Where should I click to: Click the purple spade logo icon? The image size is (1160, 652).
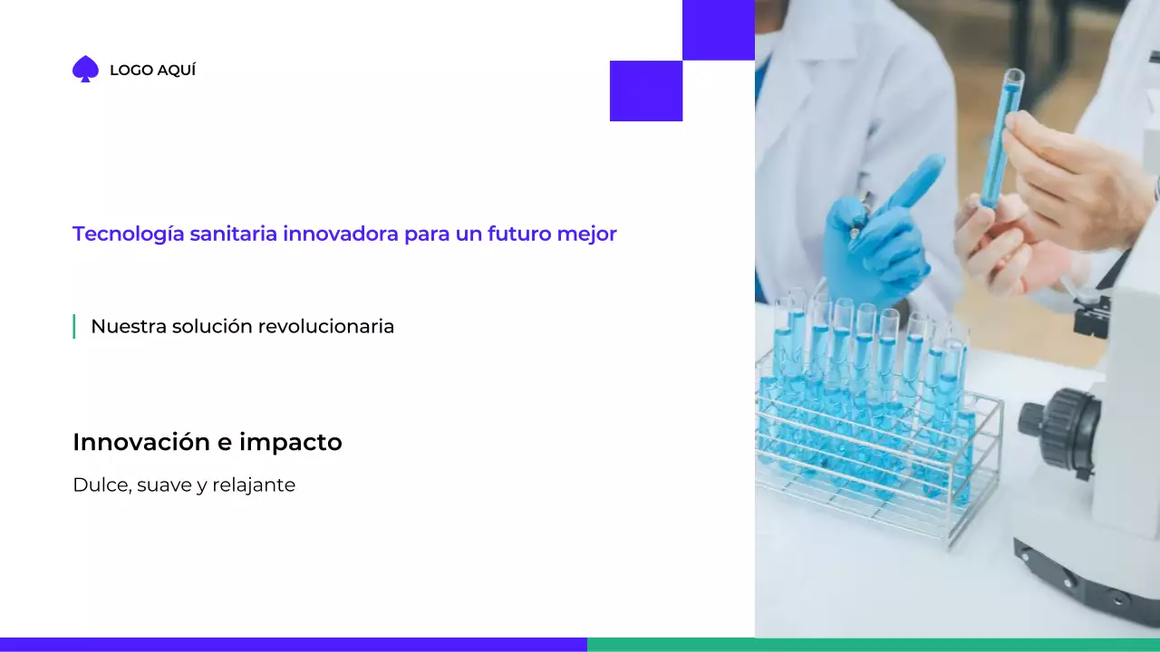click(x=85, y=70)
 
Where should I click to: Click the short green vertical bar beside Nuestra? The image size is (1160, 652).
click(x=73, y=326)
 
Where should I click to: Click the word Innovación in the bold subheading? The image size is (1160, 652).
click(x=138, y=442)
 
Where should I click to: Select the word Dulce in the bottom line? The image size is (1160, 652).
click(x=101, y=484)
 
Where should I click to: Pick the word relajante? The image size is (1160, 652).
click(x=254, y=484)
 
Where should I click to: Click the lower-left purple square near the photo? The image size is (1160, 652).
click(x=645, y=91)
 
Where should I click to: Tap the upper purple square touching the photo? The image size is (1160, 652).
click(x=718, y=30)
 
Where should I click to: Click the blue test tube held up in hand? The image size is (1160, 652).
click(x=1002, y=136)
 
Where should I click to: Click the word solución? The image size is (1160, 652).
click(x=212, y=326)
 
